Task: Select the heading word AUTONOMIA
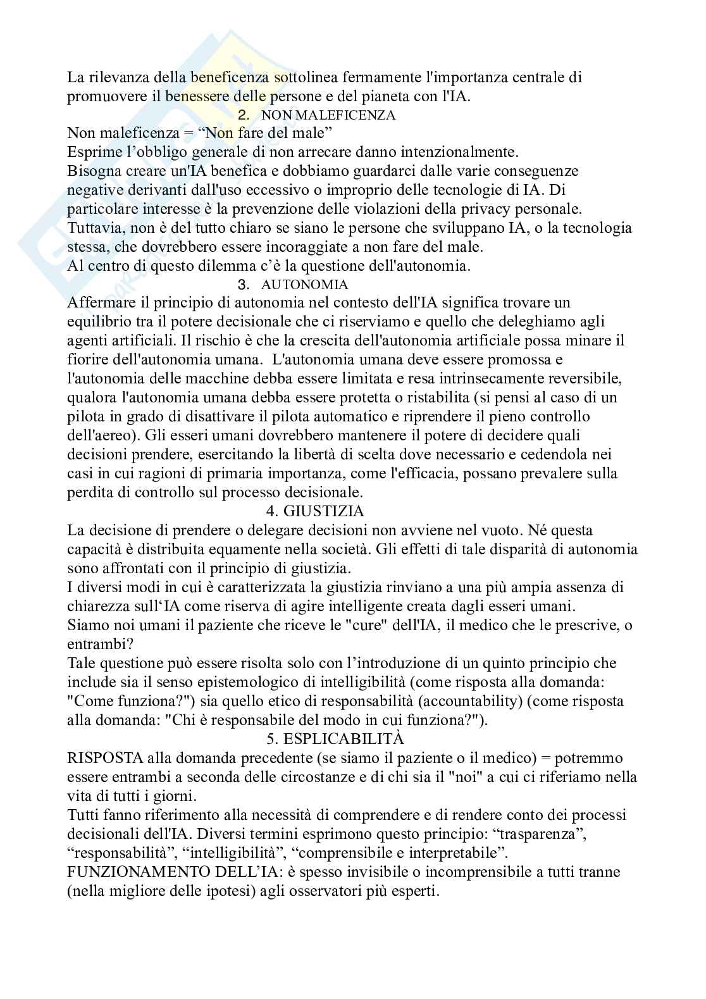(x=304, y=284)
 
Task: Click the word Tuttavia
(x=93, y=228)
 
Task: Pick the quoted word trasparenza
(x=538, y=834)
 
